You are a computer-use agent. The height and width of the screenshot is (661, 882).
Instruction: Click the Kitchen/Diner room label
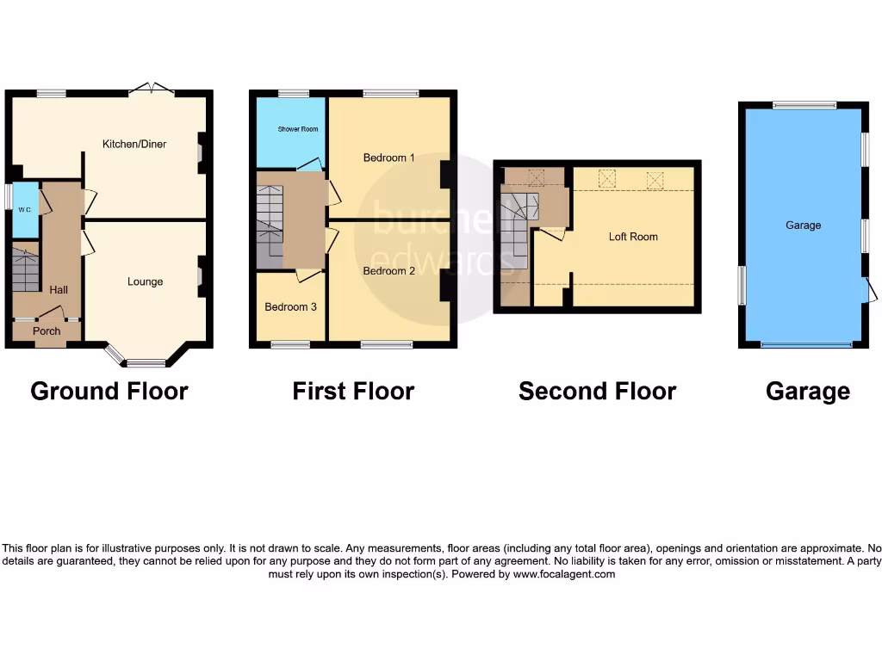[x=134, y=144]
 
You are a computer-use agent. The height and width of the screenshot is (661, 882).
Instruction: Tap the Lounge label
[x=145, y=281]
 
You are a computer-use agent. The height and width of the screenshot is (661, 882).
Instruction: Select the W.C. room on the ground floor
[x=26, y=209]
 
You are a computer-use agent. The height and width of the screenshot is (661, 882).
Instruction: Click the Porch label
[x=47, y=330]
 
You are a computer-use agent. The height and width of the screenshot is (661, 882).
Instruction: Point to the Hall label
[x=59, y=290]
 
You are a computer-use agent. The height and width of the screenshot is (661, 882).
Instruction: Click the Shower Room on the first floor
[x=297, y=129]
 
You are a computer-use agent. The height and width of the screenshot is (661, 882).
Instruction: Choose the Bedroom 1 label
[x=388, y=158]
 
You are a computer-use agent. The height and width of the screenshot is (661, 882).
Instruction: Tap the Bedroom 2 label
[x=388, y=271]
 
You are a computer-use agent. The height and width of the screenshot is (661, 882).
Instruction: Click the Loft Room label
[x=633, y=237]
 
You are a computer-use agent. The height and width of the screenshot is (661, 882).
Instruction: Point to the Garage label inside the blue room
[x=803, y=225]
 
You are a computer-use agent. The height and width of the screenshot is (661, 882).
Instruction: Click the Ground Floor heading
[x=109, y=392]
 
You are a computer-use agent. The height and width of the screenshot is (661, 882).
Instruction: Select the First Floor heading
[x=353, y=392]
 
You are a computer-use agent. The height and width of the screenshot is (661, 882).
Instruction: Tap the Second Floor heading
[x=597, y=392]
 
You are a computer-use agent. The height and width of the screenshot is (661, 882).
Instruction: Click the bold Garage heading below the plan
[x=808, y=392]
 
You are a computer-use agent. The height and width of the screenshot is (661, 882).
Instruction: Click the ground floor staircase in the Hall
[x=26, y=269]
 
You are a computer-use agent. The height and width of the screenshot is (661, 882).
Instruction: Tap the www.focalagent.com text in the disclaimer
[x=564, y=574]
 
